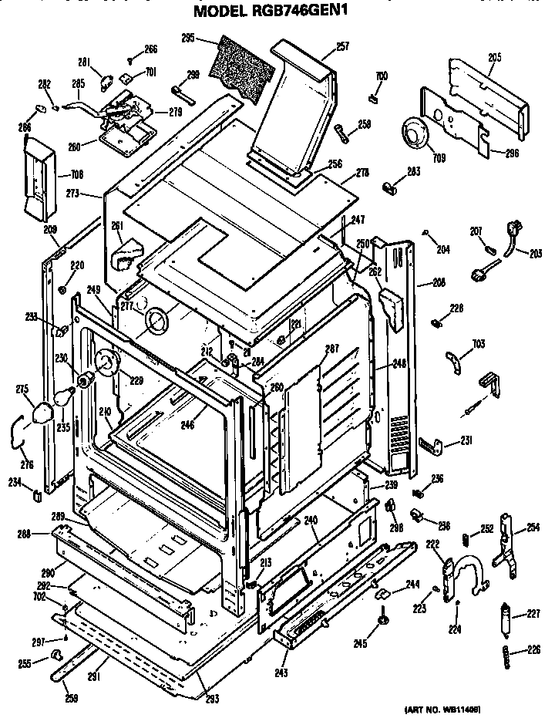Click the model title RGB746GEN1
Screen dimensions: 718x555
[277, 11]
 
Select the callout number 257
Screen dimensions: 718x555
[342, 46]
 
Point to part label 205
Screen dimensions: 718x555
[495, 56]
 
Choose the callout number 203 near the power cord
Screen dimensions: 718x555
[535, 251]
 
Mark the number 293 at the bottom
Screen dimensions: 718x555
[212, 699]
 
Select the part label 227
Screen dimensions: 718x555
[532, 615]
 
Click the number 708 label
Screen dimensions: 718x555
[76, 174]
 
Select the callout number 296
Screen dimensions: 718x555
[512, 153]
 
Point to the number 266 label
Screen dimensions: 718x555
[150, 49]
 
